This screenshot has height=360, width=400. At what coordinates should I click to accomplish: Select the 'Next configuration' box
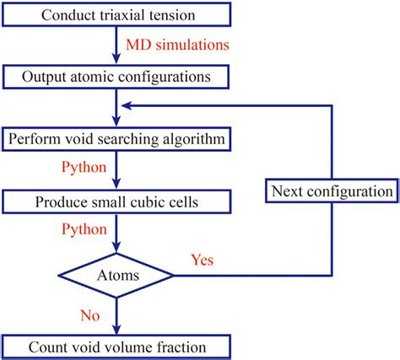tap(332, 191)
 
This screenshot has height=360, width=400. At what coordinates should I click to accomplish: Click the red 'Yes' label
tap(203, 259)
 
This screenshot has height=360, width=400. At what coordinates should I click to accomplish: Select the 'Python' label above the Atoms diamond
tap(84, 230)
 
